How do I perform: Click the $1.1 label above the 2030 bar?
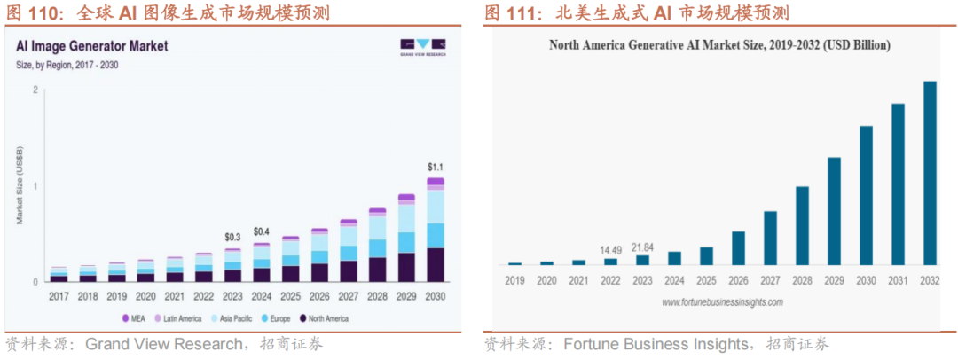434,167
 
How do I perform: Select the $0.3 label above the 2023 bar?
233,237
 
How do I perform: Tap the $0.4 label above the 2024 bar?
261,231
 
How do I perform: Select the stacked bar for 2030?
435,230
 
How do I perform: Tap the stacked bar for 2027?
349,251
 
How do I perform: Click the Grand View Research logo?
422,46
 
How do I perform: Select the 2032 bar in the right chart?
930,173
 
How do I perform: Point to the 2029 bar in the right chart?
834,211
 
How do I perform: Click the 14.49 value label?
610,249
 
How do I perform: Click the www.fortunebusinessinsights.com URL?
722,302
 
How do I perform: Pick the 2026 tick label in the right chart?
738,281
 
